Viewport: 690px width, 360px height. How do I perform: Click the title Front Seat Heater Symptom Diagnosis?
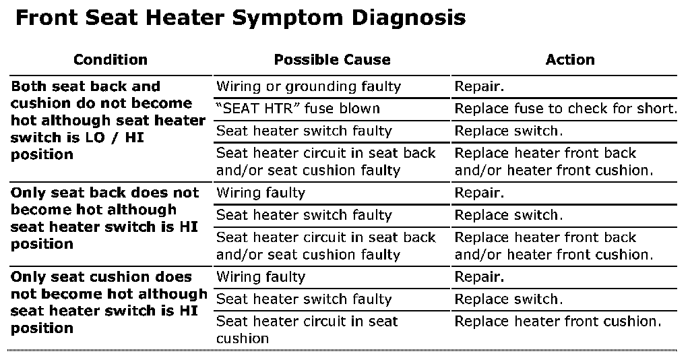pos(240,18)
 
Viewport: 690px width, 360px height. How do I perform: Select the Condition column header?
pos(111,59)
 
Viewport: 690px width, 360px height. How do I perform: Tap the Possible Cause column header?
pos(332,59)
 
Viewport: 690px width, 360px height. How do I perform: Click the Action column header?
pos(570,59)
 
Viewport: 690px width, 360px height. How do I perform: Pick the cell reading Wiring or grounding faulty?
pos(309,86)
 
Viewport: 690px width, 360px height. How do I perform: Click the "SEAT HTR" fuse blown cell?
pos(298,109)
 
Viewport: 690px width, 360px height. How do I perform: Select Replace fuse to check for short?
pos(565,109)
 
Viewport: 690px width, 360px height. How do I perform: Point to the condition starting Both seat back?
pos(108,120)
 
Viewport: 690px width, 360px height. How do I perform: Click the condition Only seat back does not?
pos(105,218)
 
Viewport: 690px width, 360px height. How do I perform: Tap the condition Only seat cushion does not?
pos(108,302)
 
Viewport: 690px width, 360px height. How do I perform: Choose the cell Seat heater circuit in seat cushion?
pos(307,330)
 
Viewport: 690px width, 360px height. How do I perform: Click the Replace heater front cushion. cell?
pos(558,322)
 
